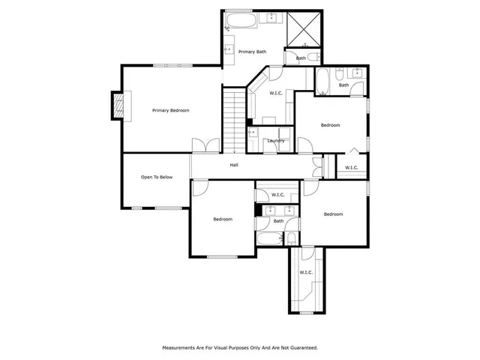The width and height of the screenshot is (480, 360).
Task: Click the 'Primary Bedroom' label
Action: (x=170, y=110)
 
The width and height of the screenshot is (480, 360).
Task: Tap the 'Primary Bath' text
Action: (x=252, y=52)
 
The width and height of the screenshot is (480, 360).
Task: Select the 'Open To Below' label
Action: (x=157, y=177)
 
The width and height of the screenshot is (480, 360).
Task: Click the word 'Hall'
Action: (x=234, y=165)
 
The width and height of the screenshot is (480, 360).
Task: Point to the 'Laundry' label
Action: (x=274, y=140)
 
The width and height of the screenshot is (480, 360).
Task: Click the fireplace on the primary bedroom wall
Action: (x=118, y=105)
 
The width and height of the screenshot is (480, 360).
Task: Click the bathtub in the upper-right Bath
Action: (x=321, y=82)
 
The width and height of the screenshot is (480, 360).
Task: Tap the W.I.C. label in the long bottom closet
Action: (x=306, y=272)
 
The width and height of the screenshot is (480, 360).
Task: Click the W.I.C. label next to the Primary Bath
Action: (x=275, y=93)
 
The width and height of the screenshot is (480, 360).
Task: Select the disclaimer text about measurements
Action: (x=240, y=347)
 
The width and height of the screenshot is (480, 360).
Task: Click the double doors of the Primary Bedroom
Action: (x=206, y=146)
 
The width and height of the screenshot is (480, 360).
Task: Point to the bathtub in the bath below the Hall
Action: (x=267, y=239)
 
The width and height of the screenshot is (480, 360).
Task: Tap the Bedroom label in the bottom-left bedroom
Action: (x=223, y=219)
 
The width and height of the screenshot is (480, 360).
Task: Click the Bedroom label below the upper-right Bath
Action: (x=331, y=124)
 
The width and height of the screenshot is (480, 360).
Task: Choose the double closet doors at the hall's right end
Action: (x=318, y=166)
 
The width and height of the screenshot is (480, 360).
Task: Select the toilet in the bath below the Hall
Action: (x=292, y=238)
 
